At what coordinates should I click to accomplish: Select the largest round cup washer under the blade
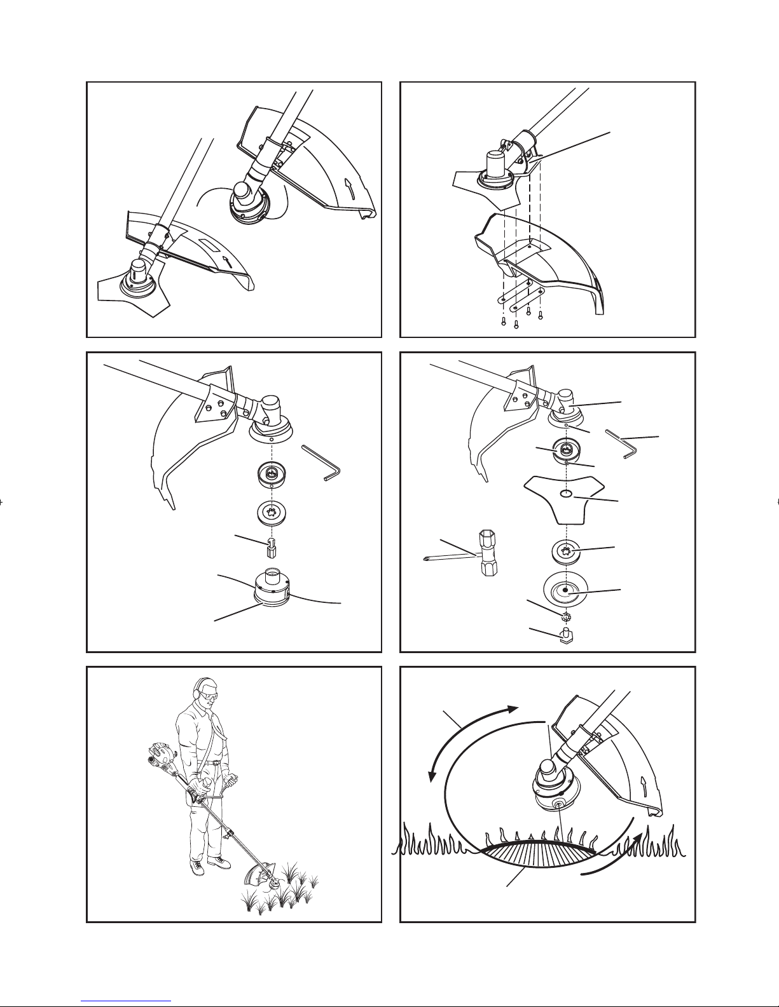566,591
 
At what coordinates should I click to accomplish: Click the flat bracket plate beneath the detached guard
521,294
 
